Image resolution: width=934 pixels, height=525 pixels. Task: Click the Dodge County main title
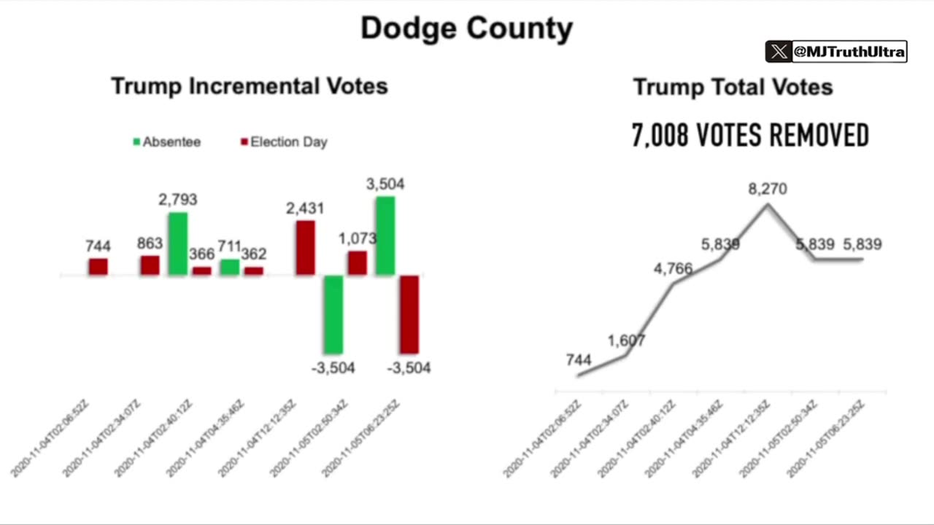(466, 28)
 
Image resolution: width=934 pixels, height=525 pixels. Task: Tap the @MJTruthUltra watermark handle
(849, 52)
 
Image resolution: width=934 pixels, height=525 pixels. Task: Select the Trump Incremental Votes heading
(249, 86)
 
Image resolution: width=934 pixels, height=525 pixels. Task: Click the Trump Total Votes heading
(733, 87)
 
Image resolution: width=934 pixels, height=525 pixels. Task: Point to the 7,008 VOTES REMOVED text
(750, 136)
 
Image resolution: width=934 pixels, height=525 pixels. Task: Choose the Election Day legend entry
(284, 142)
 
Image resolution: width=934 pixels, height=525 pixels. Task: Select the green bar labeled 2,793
(178, 244)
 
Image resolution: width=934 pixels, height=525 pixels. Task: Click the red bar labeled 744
(99, 267)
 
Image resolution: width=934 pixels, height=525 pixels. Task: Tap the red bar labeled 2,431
(305, 248)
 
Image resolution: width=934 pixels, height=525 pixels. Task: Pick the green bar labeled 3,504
(385, 236)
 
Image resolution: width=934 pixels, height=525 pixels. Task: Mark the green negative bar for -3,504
(333, 314)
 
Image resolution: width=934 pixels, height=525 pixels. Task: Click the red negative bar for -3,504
(409, 314)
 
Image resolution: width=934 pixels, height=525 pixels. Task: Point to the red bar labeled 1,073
(357, 263)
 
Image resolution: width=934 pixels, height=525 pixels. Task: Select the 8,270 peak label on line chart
(767, 190)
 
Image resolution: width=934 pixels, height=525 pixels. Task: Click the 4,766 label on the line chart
(673, 269)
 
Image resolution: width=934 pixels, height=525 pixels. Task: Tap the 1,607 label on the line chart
(626, 341)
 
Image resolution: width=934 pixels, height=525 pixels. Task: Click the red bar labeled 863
(150, 265)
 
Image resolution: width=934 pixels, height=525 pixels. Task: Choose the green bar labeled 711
(230, 268)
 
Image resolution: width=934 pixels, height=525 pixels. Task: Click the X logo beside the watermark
(779, 52)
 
